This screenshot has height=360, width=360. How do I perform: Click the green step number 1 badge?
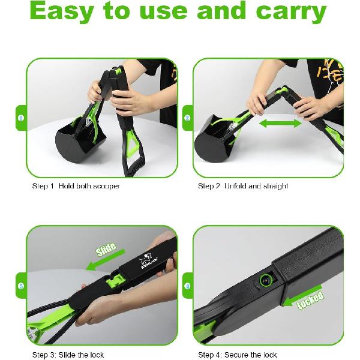[x=20, y=118]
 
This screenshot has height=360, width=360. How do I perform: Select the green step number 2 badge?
[x=188, y=118]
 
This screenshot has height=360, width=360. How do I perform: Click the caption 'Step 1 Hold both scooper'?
[x=76, y=186]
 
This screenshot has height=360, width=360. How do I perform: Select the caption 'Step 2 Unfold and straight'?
[x=243, y=186]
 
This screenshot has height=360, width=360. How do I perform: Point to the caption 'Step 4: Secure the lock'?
[x=237, y=355]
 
